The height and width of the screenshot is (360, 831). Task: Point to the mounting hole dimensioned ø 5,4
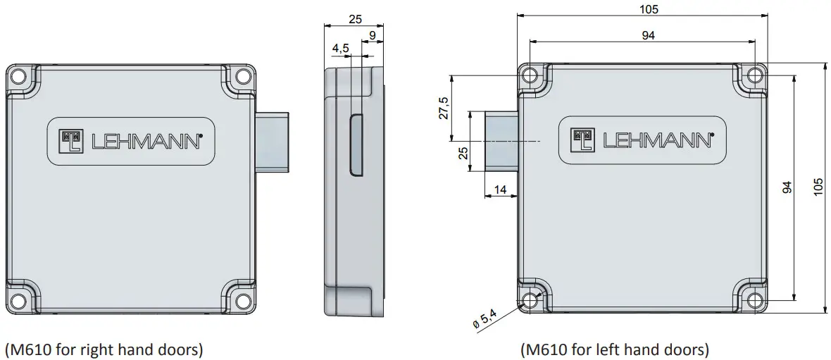click(530, 300)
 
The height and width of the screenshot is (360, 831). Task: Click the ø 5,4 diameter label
click(485, 319)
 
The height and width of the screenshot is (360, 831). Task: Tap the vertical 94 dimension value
click(787, 187)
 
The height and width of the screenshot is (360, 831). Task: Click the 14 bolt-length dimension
click(501, 190)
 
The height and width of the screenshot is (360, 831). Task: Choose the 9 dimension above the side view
click(372, 35)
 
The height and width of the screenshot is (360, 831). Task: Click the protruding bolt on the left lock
click(272, 142)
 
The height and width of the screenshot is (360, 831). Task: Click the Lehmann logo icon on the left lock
click(72, 140)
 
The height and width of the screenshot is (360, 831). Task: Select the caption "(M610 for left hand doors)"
click(614, 349)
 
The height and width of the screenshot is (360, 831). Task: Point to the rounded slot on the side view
click(356, 144)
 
